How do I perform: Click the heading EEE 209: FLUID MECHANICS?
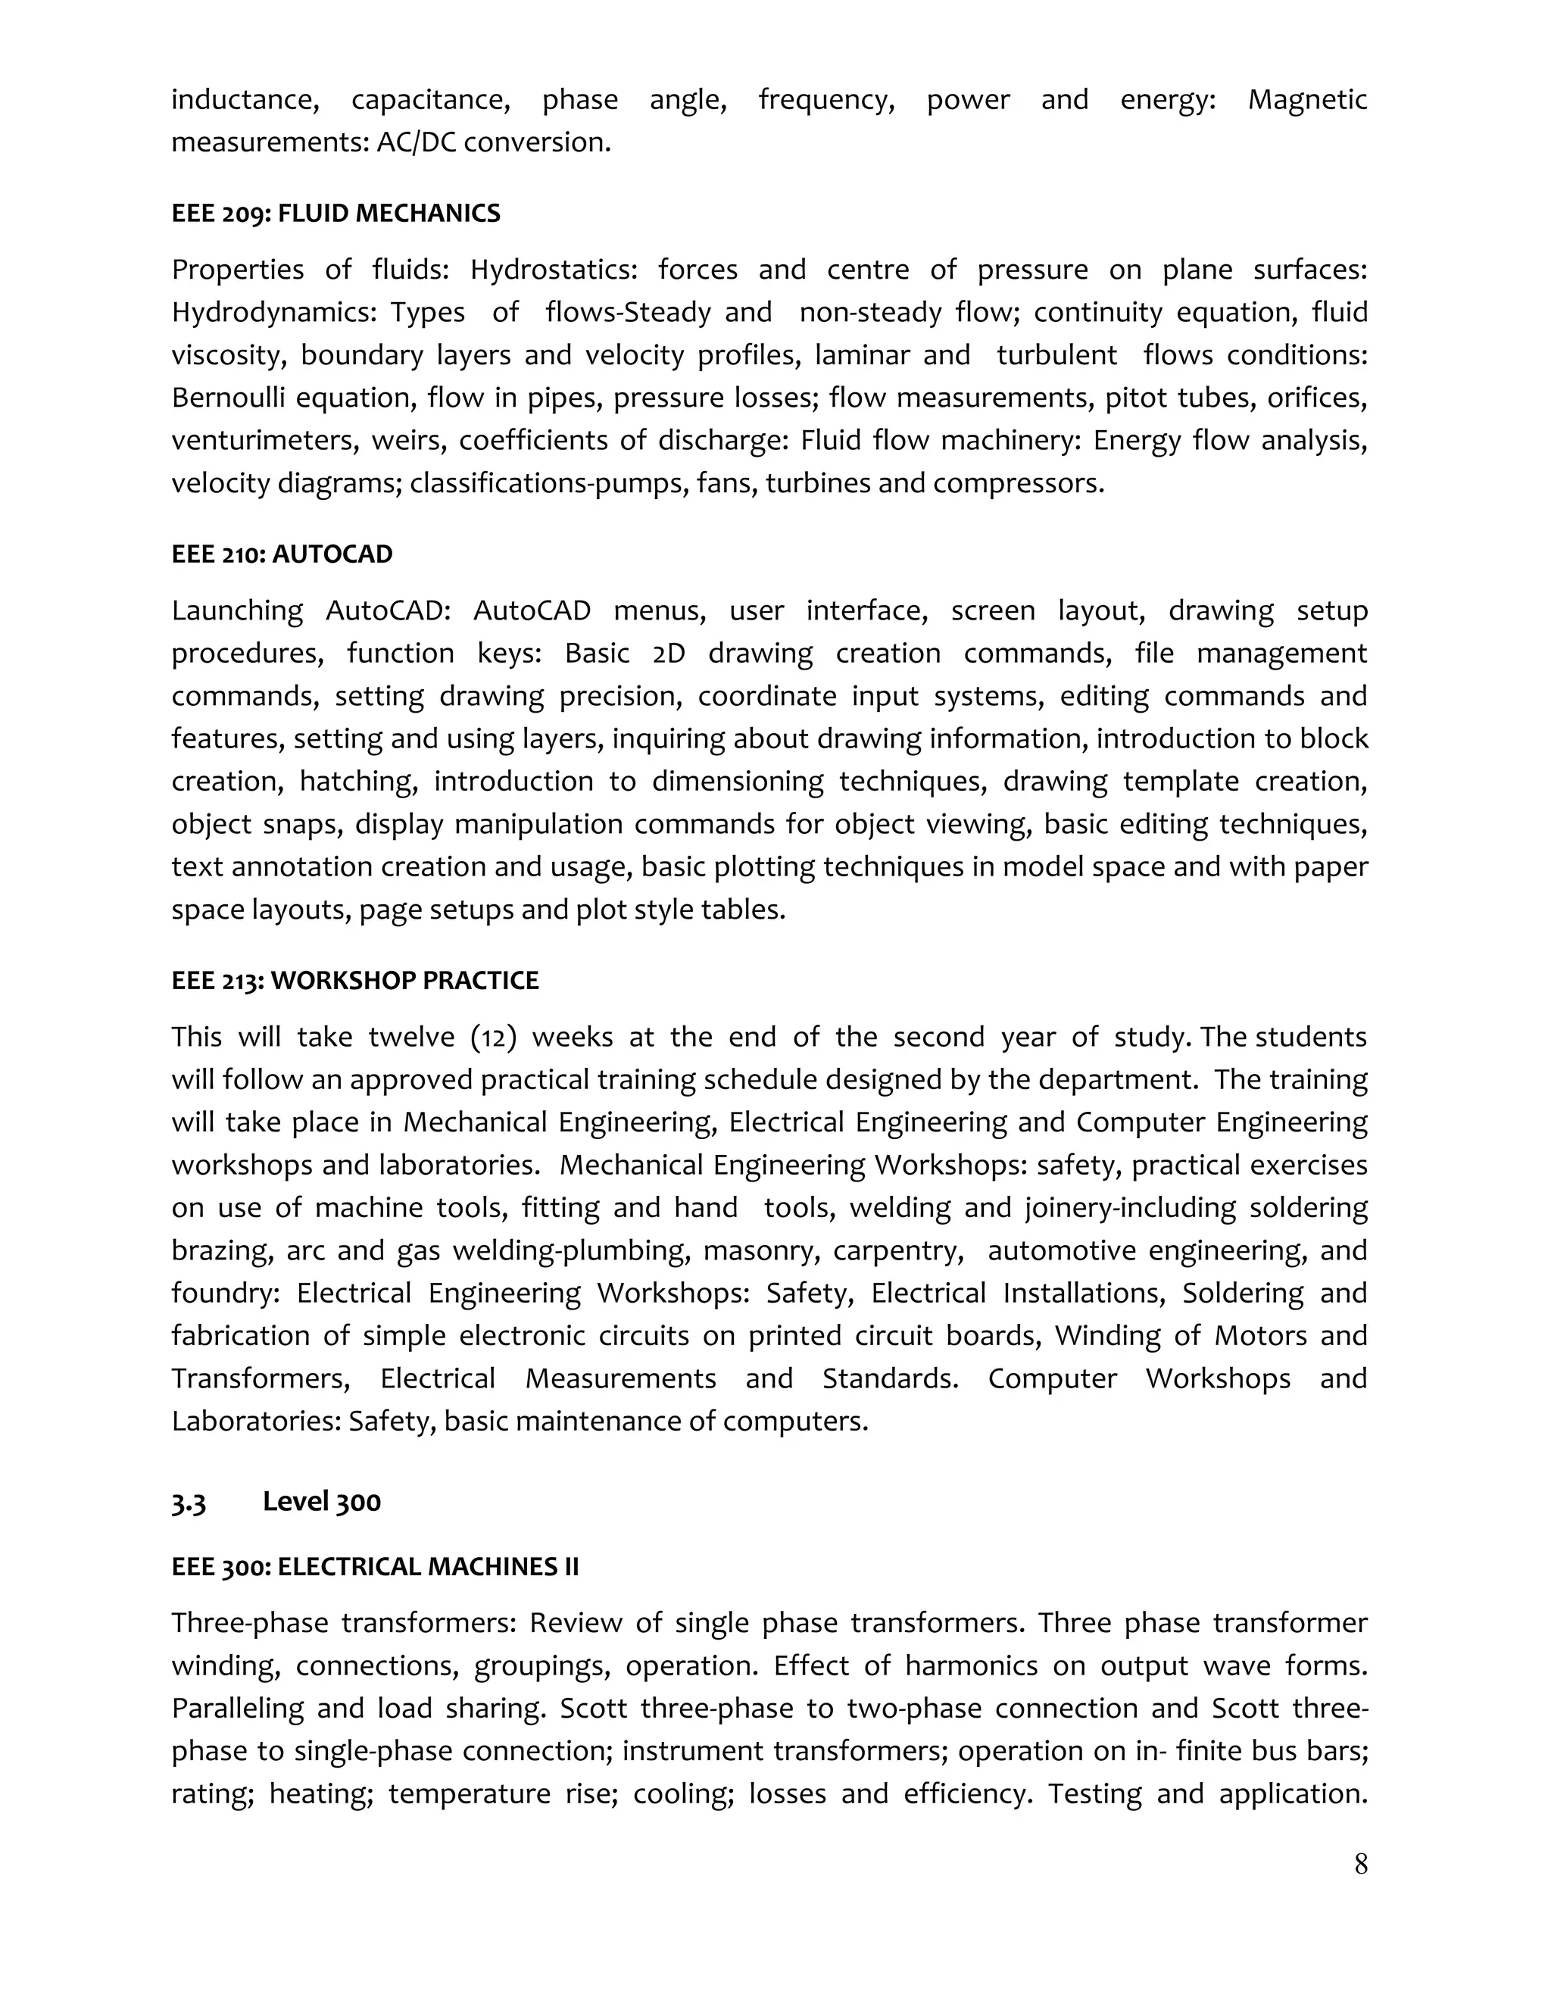click(335, 214)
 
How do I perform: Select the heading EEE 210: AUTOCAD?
click(281, 554)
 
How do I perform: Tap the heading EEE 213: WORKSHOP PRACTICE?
click(354, 981)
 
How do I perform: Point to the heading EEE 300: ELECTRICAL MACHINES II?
click(375, 1567)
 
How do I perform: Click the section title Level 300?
click(322, 1502)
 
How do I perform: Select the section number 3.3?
click(189, 1503)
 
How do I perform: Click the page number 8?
click(1361, 1865)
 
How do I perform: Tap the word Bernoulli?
click(229, 398)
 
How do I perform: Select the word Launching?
click(237, 611)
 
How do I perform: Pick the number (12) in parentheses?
click(494, 1038)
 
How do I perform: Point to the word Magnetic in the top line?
click(1306, 99)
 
